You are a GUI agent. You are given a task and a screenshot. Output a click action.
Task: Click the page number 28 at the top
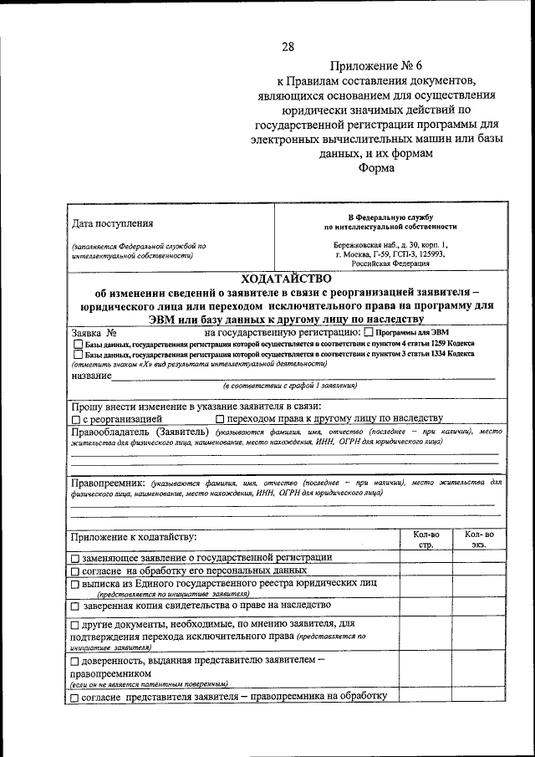pos(288,47)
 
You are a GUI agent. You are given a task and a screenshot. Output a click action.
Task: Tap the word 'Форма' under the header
pos(375,167)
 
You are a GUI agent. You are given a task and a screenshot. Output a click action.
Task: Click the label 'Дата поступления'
pos(113,223)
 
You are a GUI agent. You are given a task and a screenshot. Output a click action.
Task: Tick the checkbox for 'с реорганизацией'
pos(76,419)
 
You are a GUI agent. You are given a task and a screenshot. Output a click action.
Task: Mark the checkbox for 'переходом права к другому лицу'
pos(220,419)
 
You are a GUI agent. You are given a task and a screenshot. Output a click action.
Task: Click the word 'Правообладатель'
pos(113,432)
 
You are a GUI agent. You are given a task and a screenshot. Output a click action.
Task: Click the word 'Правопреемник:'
pos(108,483)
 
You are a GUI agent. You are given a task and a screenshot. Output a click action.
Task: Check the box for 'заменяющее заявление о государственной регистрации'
pos(76,558)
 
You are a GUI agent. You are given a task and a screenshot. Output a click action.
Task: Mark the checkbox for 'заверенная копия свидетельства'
pos(76,606)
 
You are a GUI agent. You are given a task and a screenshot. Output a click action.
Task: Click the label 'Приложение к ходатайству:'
pos(133,536)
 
